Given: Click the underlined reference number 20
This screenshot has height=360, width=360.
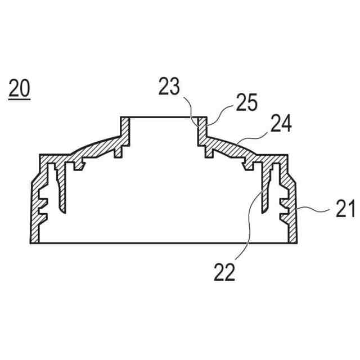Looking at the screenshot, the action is click(x=19, y=89).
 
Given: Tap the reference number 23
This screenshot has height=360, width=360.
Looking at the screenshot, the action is click(x=169, y=87).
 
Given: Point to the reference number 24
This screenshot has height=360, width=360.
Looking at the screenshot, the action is click(x=281, y=123).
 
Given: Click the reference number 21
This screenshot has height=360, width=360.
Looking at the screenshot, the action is click(x=345, y=209).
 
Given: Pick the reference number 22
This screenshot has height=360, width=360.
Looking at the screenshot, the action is click(x=224, y=272).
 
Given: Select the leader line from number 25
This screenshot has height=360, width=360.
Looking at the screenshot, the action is click(x=220, y=115).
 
